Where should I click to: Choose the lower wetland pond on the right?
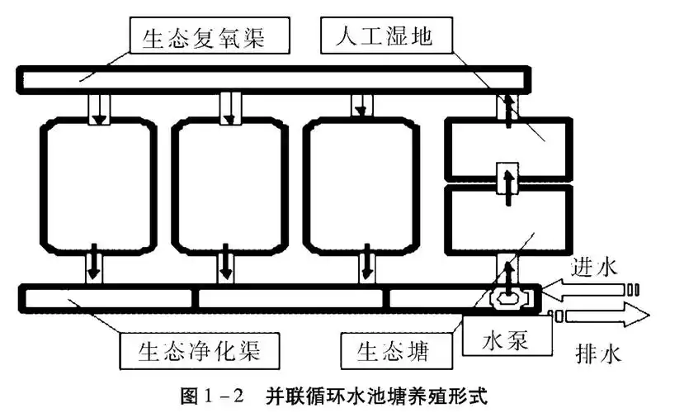tap(507, 219)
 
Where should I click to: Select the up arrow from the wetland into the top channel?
tap(508, 108)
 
